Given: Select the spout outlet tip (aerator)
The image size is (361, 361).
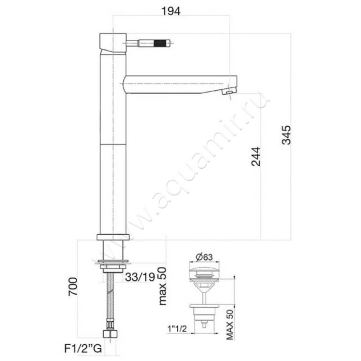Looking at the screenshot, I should point(229,92).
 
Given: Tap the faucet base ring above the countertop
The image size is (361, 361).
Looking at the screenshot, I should point(113,237).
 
